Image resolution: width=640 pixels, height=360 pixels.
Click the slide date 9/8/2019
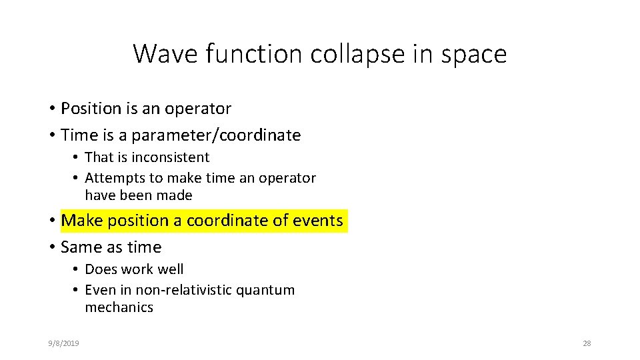click(64, 343)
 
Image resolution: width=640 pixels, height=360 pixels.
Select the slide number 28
click(587, 343)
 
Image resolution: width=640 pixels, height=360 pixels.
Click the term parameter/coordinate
click(216, 135)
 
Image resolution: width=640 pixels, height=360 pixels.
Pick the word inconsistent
click(170, 157)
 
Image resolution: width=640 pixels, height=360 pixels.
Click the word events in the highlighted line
click(318, 221)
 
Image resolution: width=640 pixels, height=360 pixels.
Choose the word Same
click(80, 247)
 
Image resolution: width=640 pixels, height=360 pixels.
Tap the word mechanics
click(119, 307)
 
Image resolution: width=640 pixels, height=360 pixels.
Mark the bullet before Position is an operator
click(51, 109)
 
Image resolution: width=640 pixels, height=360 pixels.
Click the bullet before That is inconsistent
click(77, 158)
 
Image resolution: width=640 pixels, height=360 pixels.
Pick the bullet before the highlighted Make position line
click(51, 221)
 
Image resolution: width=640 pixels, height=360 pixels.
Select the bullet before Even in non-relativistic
click(77, 290)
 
